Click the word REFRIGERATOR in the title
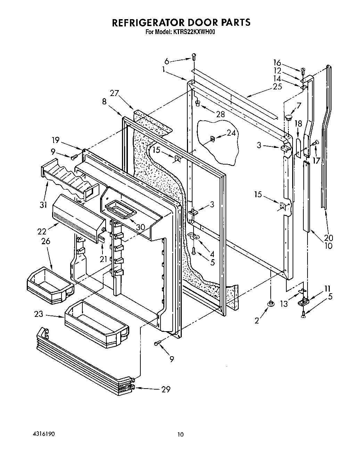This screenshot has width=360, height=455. click(x=148, y=22)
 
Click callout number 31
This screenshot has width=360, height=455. click(x=43, y=205)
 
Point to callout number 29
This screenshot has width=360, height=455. click(x=166, y=389)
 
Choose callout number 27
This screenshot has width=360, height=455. click(x=115, y=93)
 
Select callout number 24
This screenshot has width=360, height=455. click(x=231, y=132)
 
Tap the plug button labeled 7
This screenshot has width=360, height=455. click(x=288, y=118)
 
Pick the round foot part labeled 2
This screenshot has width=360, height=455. click(x=270, y=304)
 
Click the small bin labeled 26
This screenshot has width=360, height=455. click(x=50, y=285)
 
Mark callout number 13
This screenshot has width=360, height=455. click(x=284, y=304)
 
